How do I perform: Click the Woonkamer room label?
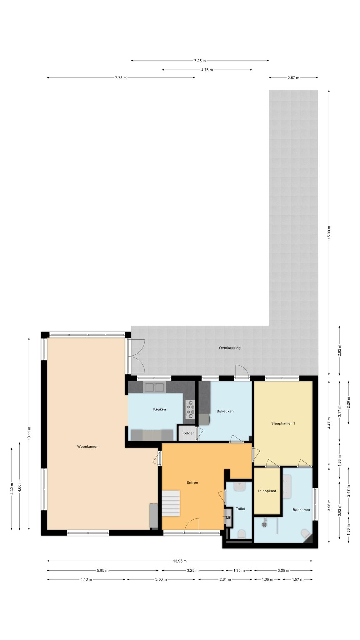87,447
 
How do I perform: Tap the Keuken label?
159,409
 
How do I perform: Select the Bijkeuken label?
225,411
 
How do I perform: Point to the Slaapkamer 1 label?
283,423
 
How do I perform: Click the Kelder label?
188,433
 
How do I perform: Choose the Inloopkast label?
267,491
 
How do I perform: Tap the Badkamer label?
301,510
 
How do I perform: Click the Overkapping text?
230,347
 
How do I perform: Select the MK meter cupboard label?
228,517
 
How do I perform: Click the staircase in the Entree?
171,503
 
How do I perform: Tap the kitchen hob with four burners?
190,409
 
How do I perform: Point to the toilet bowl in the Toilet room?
241,534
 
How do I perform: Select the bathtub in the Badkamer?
287,486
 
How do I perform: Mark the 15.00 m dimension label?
328,232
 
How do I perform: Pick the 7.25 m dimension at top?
200,61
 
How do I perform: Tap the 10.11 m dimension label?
29,433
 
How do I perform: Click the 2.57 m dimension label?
293,78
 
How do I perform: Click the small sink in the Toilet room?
240,486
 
